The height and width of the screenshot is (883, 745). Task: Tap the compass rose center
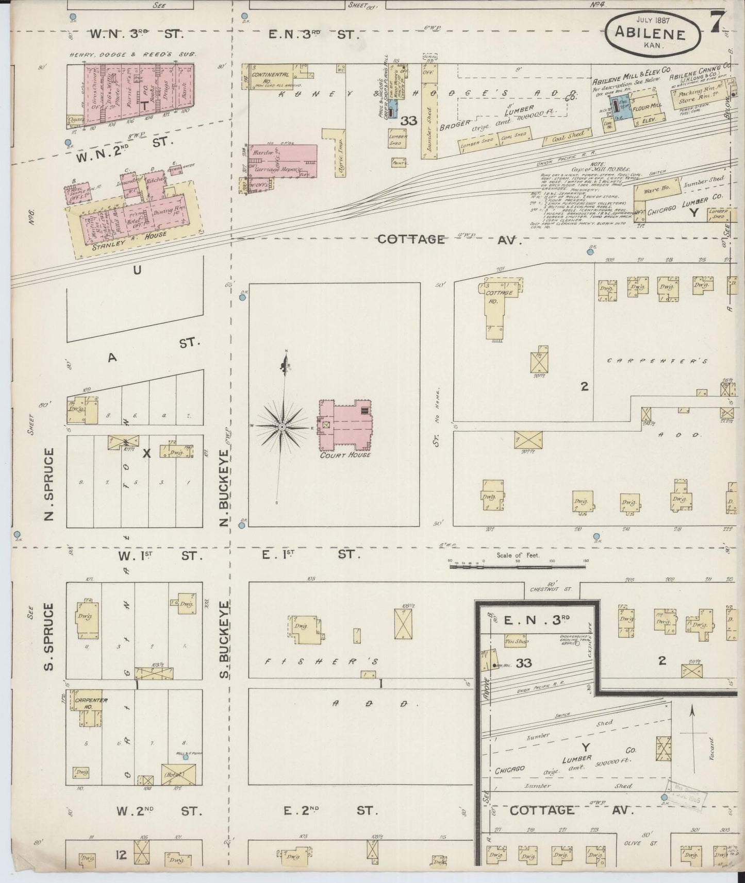coord(283,427)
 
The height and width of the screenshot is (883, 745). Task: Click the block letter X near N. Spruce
coord(146,453)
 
